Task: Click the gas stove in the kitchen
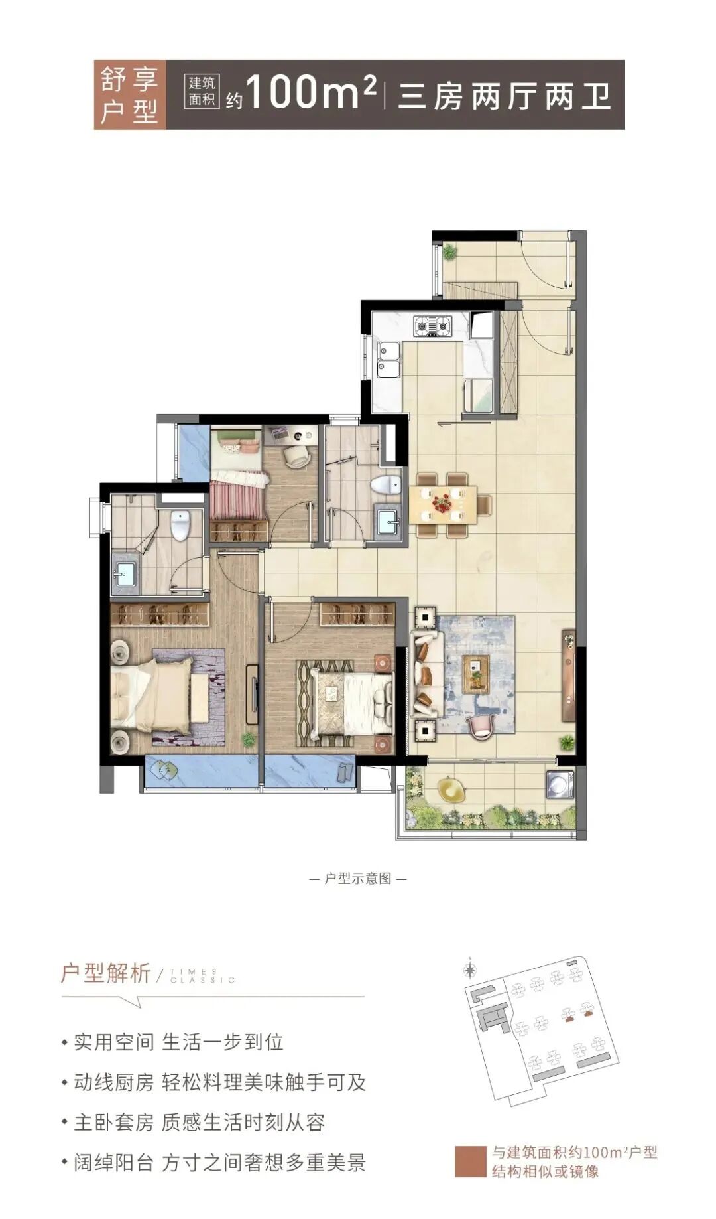tap(432, 326)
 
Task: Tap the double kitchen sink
tap(388, 358)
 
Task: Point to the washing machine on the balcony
tap(561, 784)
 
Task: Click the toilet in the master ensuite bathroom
tap(180, 525)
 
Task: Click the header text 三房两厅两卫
tap(504, 96)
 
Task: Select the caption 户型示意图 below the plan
tap(358, 879)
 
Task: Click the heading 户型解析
tap(106, 973)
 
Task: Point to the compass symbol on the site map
tap(470, 969)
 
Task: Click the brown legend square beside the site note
tap(470, 1161)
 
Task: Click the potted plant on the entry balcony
tap(450, 251)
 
